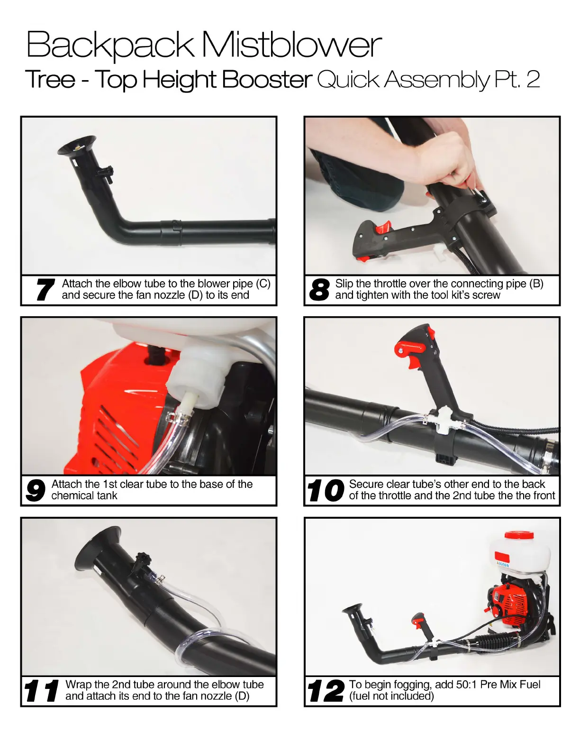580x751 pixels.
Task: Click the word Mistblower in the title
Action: [292, 45]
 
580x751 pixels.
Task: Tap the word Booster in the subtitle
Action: [267, 80]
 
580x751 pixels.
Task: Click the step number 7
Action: [45, 290]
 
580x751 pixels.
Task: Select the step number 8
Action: [319, 290]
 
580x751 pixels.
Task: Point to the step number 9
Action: [35, 490]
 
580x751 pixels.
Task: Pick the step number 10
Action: [326, 490]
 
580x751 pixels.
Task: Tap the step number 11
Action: [41, 690]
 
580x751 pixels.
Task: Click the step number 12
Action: [326, 690]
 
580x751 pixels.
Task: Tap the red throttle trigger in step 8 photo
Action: [384, 227]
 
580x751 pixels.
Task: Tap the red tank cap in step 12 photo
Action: [519, 536]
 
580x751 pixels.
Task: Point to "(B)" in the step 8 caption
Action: [536, 284]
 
